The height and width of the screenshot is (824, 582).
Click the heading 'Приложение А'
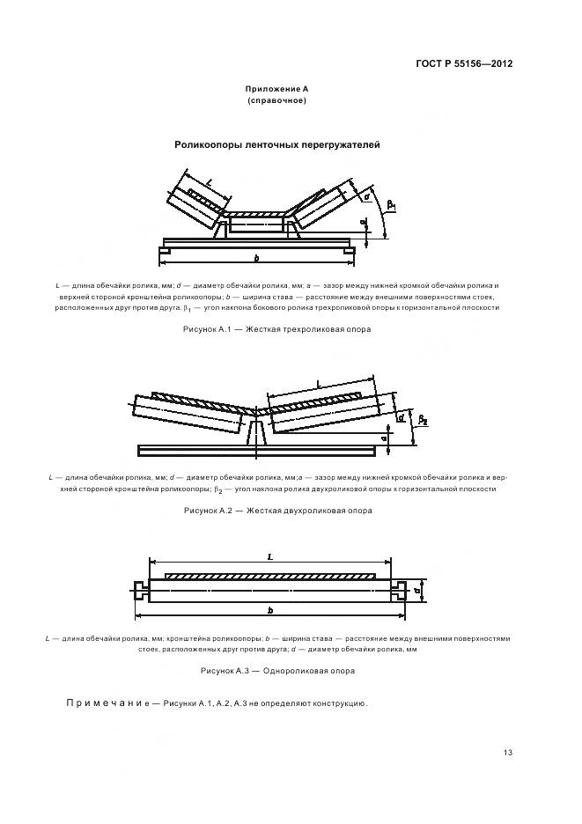click(x=276, y=90)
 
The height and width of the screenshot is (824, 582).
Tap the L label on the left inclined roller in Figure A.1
click(x=209, y=181)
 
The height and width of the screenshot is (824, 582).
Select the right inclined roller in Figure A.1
click(x=322, y=205)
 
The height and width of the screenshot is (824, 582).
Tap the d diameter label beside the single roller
click(x=415, y=591)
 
